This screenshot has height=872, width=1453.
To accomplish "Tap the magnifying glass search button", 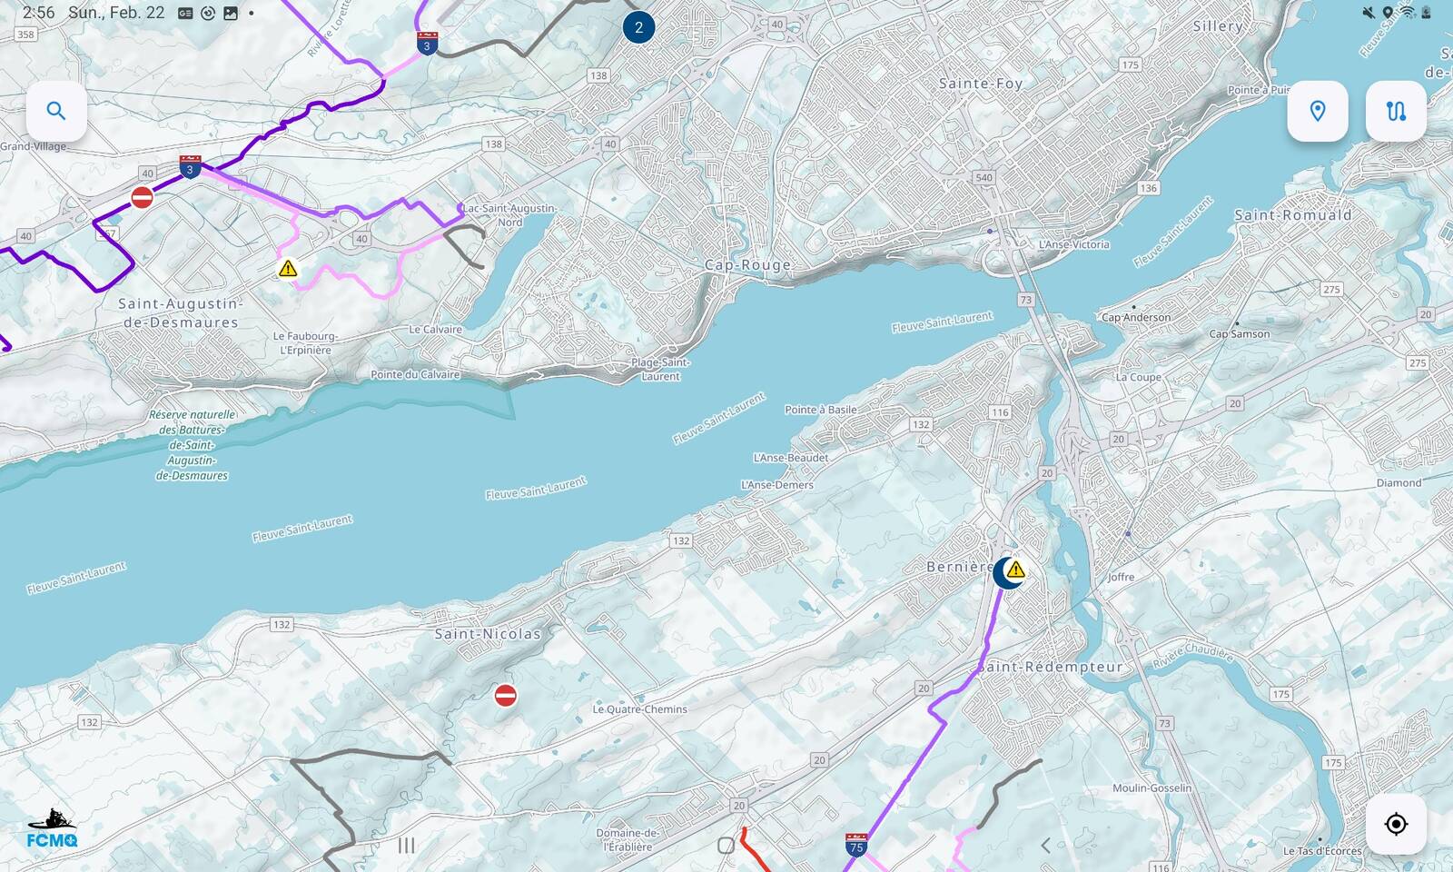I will (56, 112).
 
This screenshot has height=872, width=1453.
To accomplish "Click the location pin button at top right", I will (1317, 112).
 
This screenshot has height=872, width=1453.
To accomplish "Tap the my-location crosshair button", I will (1396, 824).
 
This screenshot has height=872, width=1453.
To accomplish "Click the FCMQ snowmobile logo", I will (51, 828).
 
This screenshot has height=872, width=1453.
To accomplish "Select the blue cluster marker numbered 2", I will (638, 27).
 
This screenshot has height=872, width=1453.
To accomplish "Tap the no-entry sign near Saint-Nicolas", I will (506, 696).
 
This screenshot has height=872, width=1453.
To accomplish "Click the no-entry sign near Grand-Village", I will (142, 197).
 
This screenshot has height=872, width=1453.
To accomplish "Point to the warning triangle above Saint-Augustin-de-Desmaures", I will (288, 269).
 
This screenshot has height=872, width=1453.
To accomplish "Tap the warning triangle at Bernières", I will (1016, 570).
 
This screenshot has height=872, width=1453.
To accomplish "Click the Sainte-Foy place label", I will (981, 84).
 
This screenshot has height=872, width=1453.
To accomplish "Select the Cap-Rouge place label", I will (747, 265).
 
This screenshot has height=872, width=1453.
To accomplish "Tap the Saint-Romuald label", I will (1292, 215).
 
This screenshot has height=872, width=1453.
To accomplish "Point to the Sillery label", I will (1218, 26).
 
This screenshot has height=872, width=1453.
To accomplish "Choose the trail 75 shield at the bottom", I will (855, 845).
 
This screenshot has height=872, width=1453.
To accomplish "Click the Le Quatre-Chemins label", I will (639, 709).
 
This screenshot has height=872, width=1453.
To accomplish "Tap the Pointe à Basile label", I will (820, 410).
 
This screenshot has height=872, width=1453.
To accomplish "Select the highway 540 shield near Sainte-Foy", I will (983, 177).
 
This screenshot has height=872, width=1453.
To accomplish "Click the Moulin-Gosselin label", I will (1152, 788).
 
